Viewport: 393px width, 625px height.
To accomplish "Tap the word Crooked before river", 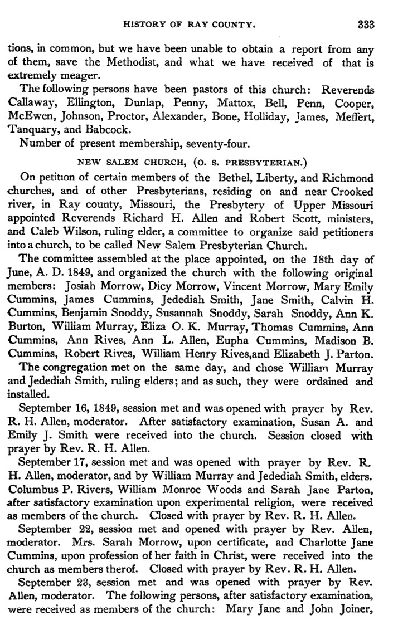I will tap(354, 192).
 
